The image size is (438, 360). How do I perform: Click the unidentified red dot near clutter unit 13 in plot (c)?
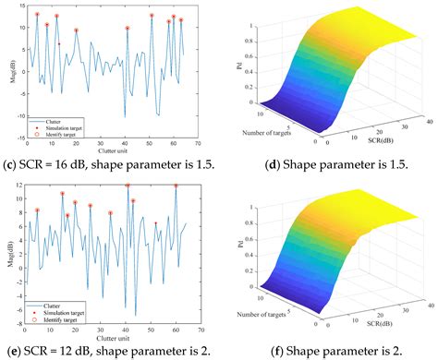coord(58,43)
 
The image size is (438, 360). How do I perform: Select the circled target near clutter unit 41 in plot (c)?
coord(128,29)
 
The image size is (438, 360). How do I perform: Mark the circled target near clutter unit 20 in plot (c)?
coord(77,30)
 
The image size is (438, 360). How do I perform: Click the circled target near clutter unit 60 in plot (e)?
coord(175,186)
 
